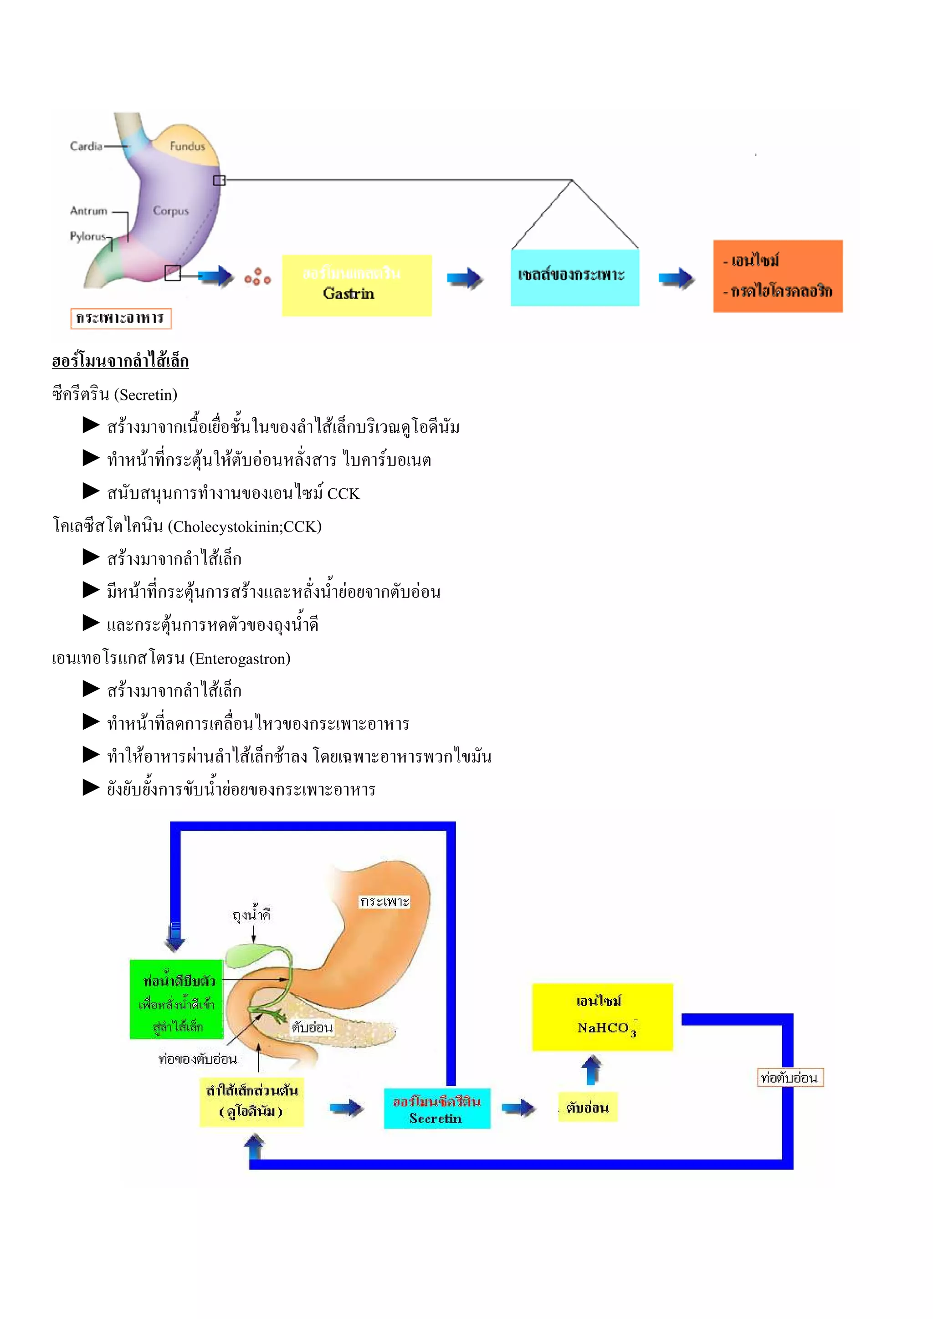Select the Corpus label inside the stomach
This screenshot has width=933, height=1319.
point(171,211)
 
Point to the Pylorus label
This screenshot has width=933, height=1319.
point(88,236)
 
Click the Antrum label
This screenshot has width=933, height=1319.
point(88,211)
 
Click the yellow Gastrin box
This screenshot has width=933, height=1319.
point(356,285)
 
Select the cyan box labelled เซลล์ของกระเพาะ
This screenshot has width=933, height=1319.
point(574,277)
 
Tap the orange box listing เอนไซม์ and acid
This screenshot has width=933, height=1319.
point(777,276)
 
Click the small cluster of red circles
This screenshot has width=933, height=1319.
point(257,277)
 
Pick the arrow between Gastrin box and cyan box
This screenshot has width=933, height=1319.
point(464,279)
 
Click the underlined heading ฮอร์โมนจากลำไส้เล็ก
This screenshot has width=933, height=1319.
point(120,361)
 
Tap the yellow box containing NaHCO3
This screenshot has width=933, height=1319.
point(602,1017)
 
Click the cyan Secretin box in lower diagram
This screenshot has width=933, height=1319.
point(436,1108)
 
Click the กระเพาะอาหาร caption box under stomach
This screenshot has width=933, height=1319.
point(121,318)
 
